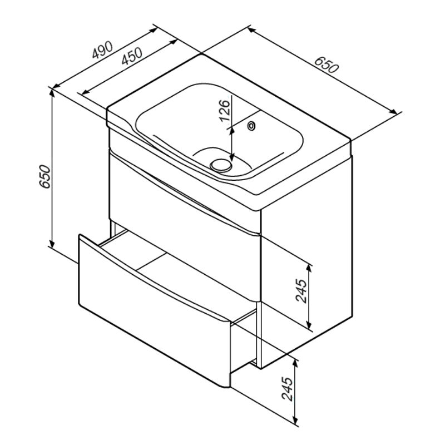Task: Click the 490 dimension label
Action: click(103, 50)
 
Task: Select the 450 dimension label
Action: click(131, 56)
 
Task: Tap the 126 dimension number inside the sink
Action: click(225, 110)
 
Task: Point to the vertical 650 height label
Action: click(45, 176)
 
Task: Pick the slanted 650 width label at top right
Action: click(327, 65)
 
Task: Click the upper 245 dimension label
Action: click(301, 291)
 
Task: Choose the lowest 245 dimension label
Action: click(287, 389)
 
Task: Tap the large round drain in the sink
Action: click(221, 165)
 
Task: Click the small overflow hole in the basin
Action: click(251, 126)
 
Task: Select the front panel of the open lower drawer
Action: click(155, 311)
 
